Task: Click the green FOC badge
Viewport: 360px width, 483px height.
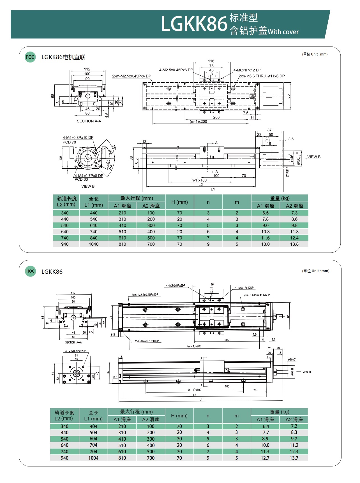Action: pyautogui.click(x=30, y=57)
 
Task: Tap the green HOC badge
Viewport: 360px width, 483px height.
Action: pyautogui.click(x=30, y=271)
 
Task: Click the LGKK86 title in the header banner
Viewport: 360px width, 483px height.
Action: pyautogui.click(x=194, y=24)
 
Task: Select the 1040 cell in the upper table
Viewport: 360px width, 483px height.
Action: pyautogui.click(x=94, y=244)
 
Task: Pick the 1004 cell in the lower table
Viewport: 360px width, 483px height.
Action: pyautogui.click(x=93, y=458)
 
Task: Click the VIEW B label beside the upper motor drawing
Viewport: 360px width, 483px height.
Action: pyautogui.click(x=314, y=157)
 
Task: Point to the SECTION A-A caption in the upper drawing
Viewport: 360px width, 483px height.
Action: pyautogui.click(x=89, y=121)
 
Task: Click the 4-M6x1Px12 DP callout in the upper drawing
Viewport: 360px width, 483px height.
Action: pyautogui.click(x=247, y=70)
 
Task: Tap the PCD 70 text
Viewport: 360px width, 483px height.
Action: pyautogui.click(x=69, y=142)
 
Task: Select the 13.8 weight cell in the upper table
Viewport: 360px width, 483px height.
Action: pyautogui.click(x=294, y=244)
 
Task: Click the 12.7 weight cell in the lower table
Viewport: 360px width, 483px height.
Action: pyautogui.click(x=265, y=458)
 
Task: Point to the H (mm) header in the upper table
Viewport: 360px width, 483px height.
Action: pyautogui.click(x=179, y=202)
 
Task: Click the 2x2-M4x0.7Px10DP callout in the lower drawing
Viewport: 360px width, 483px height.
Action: pyautogui.click(x=147, y=341)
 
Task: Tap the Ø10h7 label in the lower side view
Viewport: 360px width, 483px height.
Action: pyautogui.click(x=292, y=359)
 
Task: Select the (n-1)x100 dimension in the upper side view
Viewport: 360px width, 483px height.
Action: pyautogui.click(x=198, y=180)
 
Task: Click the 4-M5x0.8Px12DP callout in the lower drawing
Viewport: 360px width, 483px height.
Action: pyautogui.click(x=75, y=351)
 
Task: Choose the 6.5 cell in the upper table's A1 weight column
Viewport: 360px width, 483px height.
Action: pyautogui.click(x=265, y=213)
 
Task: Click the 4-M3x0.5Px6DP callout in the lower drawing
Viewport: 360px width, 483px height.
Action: pyautogui.click(x=176, y=286)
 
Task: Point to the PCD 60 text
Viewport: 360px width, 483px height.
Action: pyautogui.click(x=81, y=180)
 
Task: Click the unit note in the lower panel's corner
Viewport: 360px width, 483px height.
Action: pyautogui.click(x=316, y=271)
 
